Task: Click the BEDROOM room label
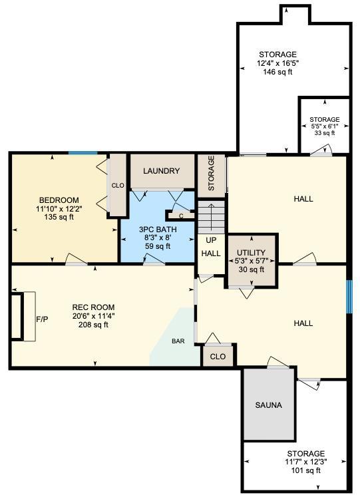[x=59, y=200]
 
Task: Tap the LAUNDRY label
[x=161, y=171]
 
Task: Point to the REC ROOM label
[x=90, y=307]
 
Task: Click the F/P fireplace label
[x=42, y=319]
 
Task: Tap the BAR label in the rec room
[x=178, y=341]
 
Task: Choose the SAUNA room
[x=268, y=405]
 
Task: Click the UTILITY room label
[x=252, y=253]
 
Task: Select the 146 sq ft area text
[x=277, y=72]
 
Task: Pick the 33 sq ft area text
[x=324, y=133]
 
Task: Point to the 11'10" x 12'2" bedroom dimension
[x=59, y=208]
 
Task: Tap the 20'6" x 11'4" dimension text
[x=90, y=316]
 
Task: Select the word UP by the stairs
[x=211, y=240]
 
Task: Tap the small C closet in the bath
[x=181, y=215]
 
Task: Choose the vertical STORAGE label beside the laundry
[x=212, y=174]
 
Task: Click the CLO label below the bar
[x=218, y=356]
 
